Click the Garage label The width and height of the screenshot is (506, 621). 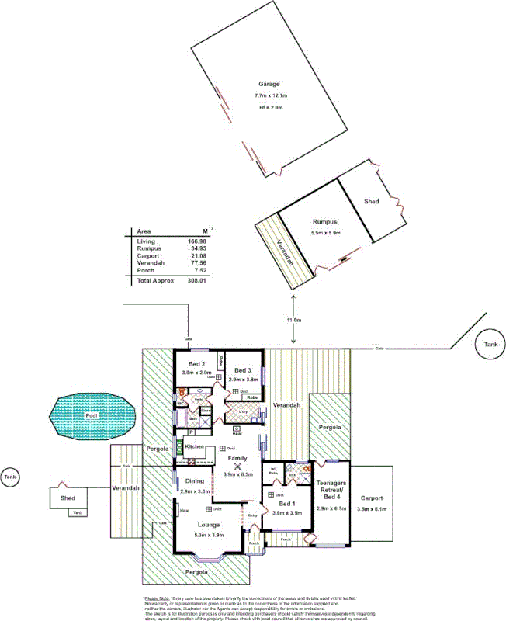(269, 84)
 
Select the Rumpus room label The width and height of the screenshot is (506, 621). (324, 221)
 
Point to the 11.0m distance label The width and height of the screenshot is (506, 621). (293, 320)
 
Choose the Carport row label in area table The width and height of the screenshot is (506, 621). (147, 256)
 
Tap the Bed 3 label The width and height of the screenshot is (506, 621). (243, 370)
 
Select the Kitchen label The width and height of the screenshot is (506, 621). (194, 448)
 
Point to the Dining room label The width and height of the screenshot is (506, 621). (195, 481)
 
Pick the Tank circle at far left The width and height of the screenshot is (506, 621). (10, 476)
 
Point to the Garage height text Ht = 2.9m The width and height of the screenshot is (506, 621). (269, 106)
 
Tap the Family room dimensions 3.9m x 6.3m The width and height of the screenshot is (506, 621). (237, 474)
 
